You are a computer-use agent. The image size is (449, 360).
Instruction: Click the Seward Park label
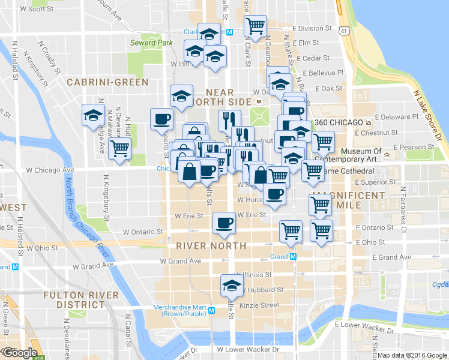[151, 43]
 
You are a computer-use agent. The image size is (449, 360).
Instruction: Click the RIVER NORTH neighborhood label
[211, 246]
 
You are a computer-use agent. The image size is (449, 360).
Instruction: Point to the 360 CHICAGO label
[339, 122]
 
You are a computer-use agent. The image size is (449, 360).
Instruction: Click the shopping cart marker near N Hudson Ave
[120, 148]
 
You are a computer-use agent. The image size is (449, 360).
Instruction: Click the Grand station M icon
[294, 256]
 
